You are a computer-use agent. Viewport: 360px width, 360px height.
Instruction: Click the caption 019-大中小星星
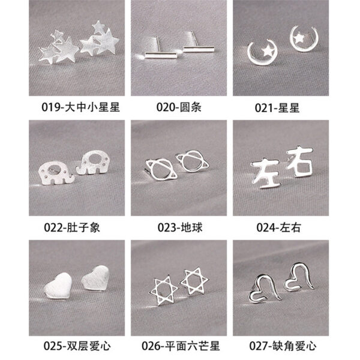(80, 107)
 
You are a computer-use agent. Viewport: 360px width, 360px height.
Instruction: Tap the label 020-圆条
(179, 107)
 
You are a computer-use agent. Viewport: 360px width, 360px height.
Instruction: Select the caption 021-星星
(277, 108)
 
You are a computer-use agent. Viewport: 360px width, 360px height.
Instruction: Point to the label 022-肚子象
(72, 228)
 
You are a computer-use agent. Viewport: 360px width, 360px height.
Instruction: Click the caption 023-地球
(180, 228)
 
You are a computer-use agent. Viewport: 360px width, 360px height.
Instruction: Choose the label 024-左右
(278, 228)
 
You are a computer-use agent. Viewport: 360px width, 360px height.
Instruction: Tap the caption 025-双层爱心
(77, 346)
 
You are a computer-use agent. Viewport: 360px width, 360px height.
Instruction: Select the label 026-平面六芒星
(181, 346)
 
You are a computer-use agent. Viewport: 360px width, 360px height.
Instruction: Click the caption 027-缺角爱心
(283, 346)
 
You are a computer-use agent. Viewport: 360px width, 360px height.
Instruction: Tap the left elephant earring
(56, 173)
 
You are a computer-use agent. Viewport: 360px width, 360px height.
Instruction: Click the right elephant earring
(92, 163)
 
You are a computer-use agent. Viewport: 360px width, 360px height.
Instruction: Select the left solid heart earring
(58, 286)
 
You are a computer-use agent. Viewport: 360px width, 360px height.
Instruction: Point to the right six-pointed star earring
(194, 281)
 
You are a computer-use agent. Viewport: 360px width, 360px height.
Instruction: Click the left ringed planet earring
(161, 170)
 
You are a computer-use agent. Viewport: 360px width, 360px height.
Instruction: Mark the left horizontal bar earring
(161, 55)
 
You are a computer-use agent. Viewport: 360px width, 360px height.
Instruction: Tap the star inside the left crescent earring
(268, 51)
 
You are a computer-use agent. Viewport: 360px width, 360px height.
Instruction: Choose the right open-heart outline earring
(299, 277)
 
